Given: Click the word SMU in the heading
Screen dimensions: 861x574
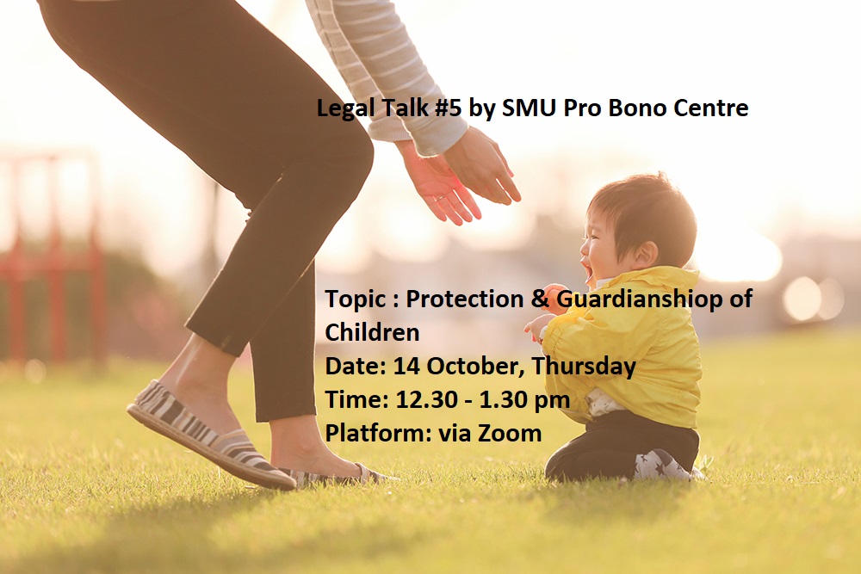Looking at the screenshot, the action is pyautogui.click(x=530, y=108).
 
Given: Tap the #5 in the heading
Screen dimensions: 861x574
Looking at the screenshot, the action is pyautogui.click(x=448, y=108).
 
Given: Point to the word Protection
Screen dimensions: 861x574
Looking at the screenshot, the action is pyautogui.click(x=465, y=299).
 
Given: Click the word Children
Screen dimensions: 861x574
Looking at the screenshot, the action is pyautogui.click(x=372, y=332).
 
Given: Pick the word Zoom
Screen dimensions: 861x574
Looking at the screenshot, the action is pyautogui.click(x=510, y=433).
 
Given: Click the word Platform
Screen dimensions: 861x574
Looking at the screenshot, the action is pyautogui.click(x=379, y=433).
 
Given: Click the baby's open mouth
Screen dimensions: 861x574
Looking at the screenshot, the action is pyautogui.click(x=587, y=269).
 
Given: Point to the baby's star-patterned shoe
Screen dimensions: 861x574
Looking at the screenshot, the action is pyautogui.click(x=661, y=466).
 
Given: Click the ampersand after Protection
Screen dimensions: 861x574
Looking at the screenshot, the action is pyautogui.click(x=541, y=299).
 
